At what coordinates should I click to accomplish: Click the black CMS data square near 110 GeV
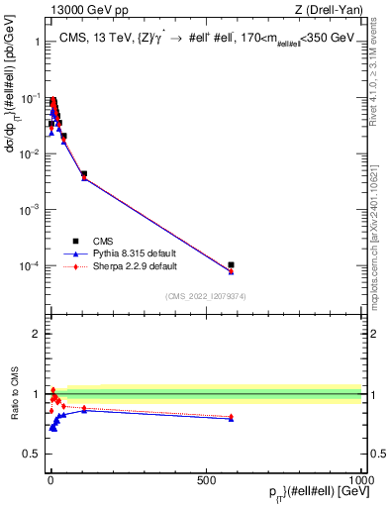[84, 174]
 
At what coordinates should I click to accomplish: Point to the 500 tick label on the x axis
[206, 478]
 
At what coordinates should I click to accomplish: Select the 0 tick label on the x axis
[50, 478]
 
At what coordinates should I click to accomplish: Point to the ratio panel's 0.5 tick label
[31, 454]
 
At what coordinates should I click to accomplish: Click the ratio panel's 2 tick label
[36, 334]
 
